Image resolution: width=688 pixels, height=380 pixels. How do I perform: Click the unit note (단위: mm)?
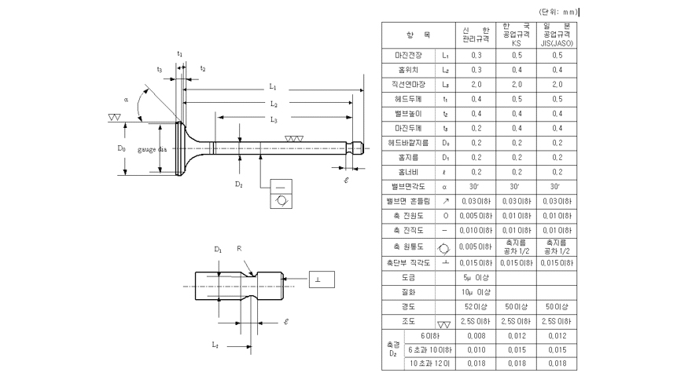click(x=557, y=12)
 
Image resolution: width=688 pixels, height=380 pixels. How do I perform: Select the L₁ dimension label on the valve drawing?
click(x=273, y=86)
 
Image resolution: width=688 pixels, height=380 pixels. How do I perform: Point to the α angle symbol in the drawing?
click(x=126, y=100)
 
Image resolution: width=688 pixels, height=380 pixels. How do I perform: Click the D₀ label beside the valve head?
click(x=122, y=148)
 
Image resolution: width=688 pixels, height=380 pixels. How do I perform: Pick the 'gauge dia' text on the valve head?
click(x=151, y=148)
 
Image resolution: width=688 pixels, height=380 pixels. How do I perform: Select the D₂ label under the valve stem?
click(x=238, y=183)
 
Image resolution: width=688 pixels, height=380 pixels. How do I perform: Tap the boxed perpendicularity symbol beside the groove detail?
click(x=318, y=280)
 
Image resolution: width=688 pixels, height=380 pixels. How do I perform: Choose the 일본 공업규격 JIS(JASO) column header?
click(x=557, y=35)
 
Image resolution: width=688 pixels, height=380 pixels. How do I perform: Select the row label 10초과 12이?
click(x=430, y=364)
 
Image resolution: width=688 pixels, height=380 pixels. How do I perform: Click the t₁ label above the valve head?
click(x=180, y=53)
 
